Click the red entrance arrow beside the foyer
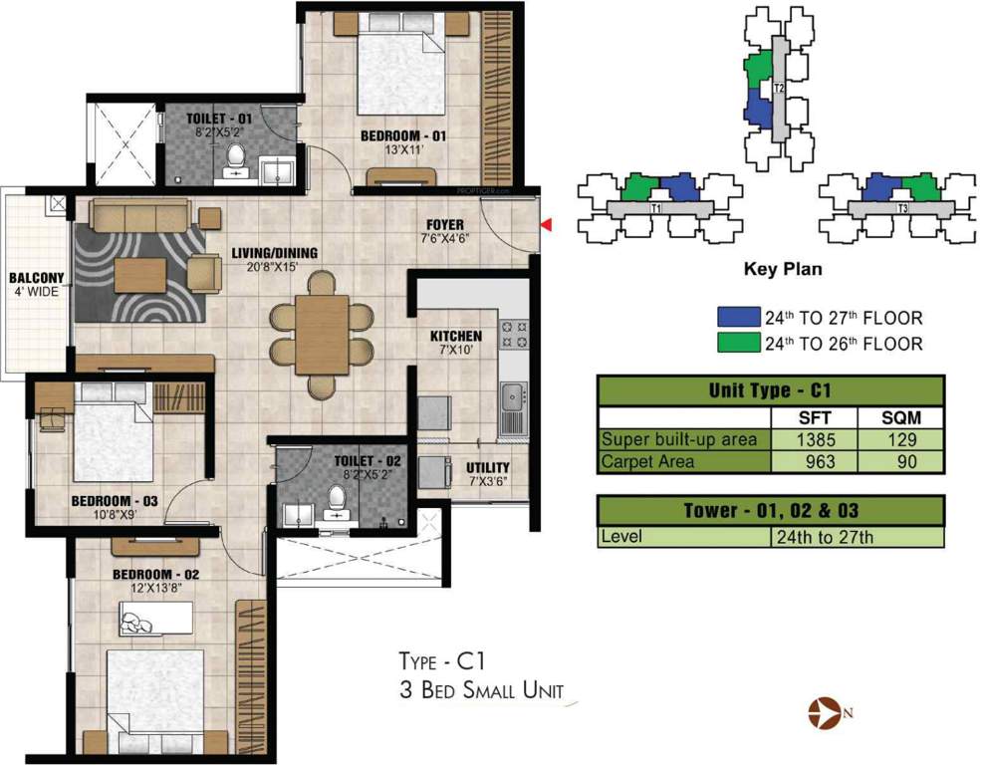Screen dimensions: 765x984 tap(545, 227)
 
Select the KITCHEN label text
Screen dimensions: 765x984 tap(455, 337)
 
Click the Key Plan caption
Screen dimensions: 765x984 tap(782, 269)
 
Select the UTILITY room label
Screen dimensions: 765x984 tap(487, 468)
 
